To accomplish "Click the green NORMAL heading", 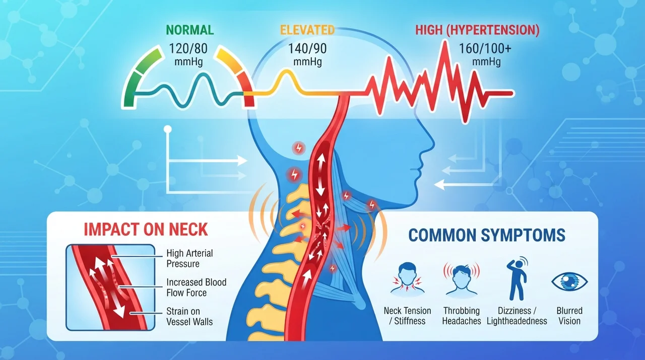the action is [x=190, y=30].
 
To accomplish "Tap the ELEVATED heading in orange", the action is [x=307, y=30].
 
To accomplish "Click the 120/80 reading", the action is [x=188, y=49].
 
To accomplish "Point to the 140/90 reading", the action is [x=307, y=49].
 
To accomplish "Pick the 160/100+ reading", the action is [x=485, y=49].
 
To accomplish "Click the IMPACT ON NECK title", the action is [x=146, y=229].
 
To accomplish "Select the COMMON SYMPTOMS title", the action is [x=487, y=235].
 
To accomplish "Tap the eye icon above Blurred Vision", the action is [x=569, y=281].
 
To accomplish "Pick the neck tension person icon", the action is [x=407, y=278].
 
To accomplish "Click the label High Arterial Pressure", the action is [x=189, y=258].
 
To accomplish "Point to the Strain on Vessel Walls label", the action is [x=189, y=316].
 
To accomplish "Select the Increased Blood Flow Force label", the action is [x=197, y=287].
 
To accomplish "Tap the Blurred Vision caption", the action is [x=569, y=316].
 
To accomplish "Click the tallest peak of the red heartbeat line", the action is [x=445, y=42].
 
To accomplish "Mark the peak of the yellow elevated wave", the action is [x=286, y=71].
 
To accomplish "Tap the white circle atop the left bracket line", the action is [x=168, y=129].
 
